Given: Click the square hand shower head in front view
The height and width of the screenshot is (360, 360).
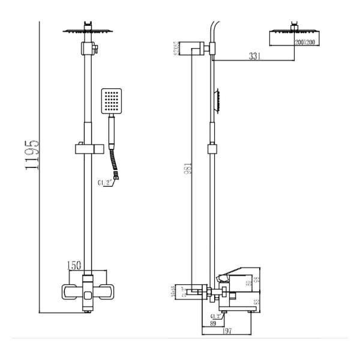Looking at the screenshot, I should coord(112,101).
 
